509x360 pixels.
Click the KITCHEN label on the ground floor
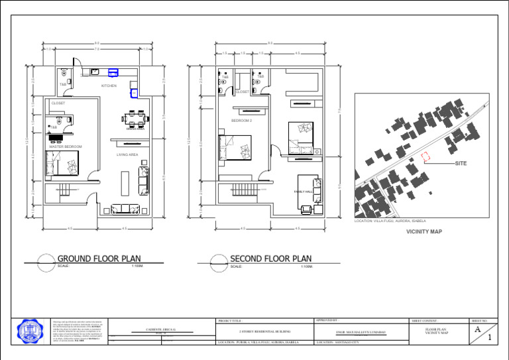coord(109,86)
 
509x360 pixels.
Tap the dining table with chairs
coord(137,118)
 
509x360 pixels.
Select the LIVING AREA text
coord(127,154)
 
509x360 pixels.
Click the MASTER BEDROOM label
coord(66,146)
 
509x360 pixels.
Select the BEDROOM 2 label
coord(241,121)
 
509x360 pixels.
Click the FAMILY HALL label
coord(303,191)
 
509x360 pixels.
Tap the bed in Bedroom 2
coord(235,147)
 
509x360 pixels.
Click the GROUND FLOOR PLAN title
coord(99,259)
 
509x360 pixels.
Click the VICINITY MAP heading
coord(424,232)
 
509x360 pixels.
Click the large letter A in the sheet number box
coord(479,328)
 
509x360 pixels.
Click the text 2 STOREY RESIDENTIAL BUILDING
coord(264,330)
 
